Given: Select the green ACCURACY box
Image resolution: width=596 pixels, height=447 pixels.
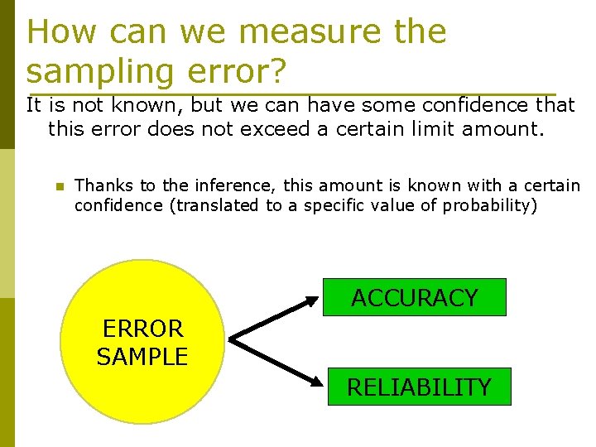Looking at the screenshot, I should (414, 297).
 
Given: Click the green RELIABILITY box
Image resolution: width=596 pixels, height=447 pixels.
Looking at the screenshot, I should (419, 387).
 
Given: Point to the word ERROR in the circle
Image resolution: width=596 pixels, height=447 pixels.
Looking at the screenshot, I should (142, 329).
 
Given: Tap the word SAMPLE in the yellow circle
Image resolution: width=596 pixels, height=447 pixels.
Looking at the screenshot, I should (142, 357).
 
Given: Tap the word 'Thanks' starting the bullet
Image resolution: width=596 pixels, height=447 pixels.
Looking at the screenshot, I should (100, 185).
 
